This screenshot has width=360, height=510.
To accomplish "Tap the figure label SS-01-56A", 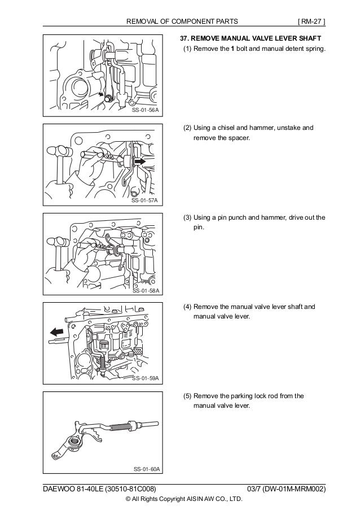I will tap(145, 111).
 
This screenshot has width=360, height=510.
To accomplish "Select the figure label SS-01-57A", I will tap(145, 200).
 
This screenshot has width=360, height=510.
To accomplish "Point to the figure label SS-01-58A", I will tap(145, 290).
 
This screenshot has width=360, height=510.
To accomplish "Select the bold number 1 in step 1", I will tap(232, 50).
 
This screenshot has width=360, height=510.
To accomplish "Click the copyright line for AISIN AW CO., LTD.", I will tap(184, 499).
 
